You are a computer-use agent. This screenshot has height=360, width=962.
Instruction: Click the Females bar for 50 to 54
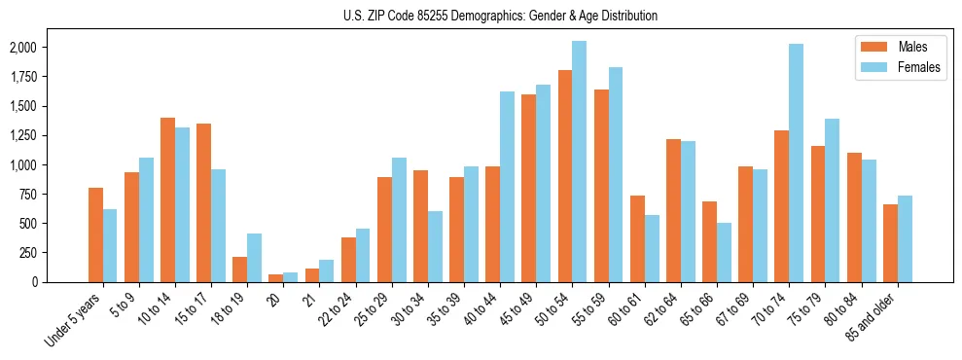580,162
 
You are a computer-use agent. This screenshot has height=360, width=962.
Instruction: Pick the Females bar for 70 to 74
796,162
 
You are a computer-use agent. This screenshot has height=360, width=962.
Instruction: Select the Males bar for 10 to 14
167,199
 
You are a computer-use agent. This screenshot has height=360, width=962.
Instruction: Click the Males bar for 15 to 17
203,202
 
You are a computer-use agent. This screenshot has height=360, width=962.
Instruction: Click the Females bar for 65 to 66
724,252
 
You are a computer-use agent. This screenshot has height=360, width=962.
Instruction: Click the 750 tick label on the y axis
26,224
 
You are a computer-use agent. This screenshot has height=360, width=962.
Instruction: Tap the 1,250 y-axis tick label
22,135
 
